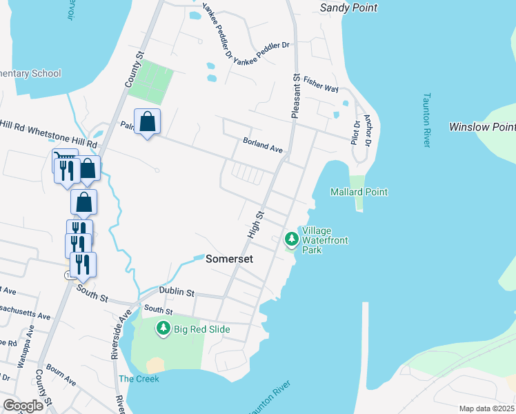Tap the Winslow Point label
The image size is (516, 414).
point(482,127)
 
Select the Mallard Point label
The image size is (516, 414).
point(359,192)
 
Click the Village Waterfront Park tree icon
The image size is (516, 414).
point(292,239)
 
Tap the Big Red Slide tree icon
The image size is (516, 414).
point(163,329)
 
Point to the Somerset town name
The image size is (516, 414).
point(230,259)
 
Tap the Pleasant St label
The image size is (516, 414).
point(295,96)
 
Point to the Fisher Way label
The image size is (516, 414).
point(321,89)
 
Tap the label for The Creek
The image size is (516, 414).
point(139,379)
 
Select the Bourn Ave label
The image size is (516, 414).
point(62,376)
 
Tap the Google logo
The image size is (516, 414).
point(23,406)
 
